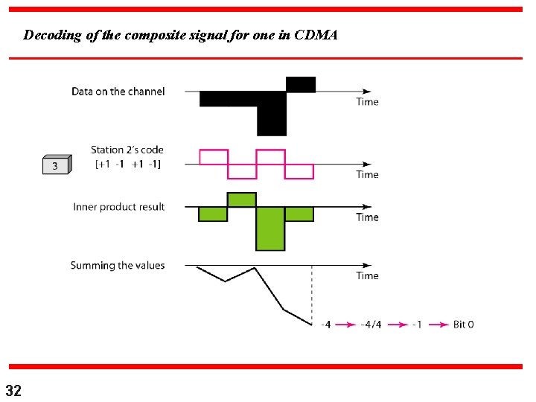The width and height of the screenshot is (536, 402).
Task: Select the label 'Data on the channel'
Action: (118, 92)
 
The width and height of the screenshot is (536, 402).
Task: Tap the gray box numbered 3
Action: (56, 165)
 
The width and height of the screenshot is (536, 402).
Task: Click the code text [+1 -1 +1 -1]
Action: (128, 164)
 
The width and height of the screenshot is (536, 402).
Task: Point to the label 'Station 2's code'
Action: (127, 150)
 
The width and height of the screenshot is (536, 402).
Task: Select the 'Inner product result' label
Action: (119, 206)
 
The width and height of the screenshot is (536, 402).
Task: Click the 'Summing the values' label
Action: (118, 265)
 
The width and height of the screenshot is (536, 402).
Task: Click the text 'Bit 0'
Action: (463, 325)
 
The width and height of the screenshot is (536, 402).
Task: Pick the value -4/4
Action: (371, 325)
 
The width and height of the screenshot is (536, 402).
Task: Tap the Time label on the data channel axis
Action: (367, 102)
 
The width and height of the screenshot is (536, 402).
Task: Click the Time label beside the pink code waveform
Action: (367, 174)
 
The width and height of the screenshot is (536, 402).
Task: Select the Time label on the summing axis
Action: (367, 275)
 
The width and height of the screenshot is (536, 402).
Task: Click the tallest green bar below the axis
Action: (270, 229)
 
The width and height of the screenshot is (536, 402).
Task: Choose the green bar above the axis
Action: (241, 200)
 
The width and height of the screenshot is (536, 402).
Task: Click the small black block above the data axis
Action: (301, 84)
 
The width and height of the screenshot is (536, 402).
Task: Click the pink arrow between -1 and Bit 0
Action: (435, 325)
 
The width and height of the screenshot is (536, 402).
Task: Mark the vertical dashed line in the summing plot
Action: (311, 298)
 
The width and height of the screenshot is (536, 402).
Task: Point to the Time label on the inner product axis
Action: (367, 217)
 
